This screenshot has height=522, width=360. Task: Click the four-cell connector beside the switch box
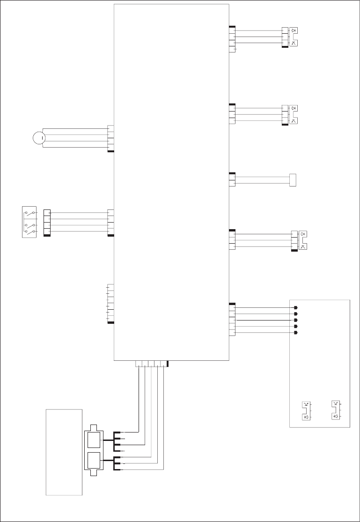click(x=46, y=222)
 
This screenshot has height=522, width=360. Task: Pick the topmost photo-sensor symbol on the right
click(x=294, y=37)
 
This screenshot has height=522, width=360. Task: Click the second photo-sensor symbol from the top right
click(x=294, y=115)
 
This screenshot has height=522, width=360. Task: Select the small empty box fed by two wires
click(x=293, y=180)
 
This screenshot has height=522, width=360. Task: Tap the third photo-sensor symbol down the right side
click(x=302, y=240)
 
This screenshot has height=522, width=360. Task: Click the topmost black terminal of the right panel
click(x=295, y=308)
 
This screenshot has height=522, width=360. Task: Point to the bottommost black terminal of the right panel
click(x=295, y=332)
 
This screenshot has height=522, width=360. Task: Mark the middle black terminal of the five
click(x=295, y=320)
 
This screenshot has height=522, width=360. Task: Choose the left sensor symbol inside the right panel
click(x=306, y=410)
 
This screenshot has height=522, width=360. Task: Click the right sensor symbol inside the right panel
click(x=336, y=410)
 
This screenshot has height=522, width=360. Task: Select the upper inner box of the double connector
click(x=94, y=440)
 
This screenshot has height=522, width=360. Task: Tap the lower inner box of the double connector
click(x=94, y=461)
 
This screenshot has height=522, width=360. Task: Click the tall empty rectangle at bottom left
click(x=64, y=452)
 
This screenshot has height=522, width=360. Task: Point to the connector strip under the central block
click(x=151, y=364)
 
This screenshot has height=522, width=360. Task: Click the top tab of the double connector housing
click(x=94, y=428)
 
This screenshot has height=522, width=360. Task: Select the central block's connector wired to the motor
click(x=110, y=138)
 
